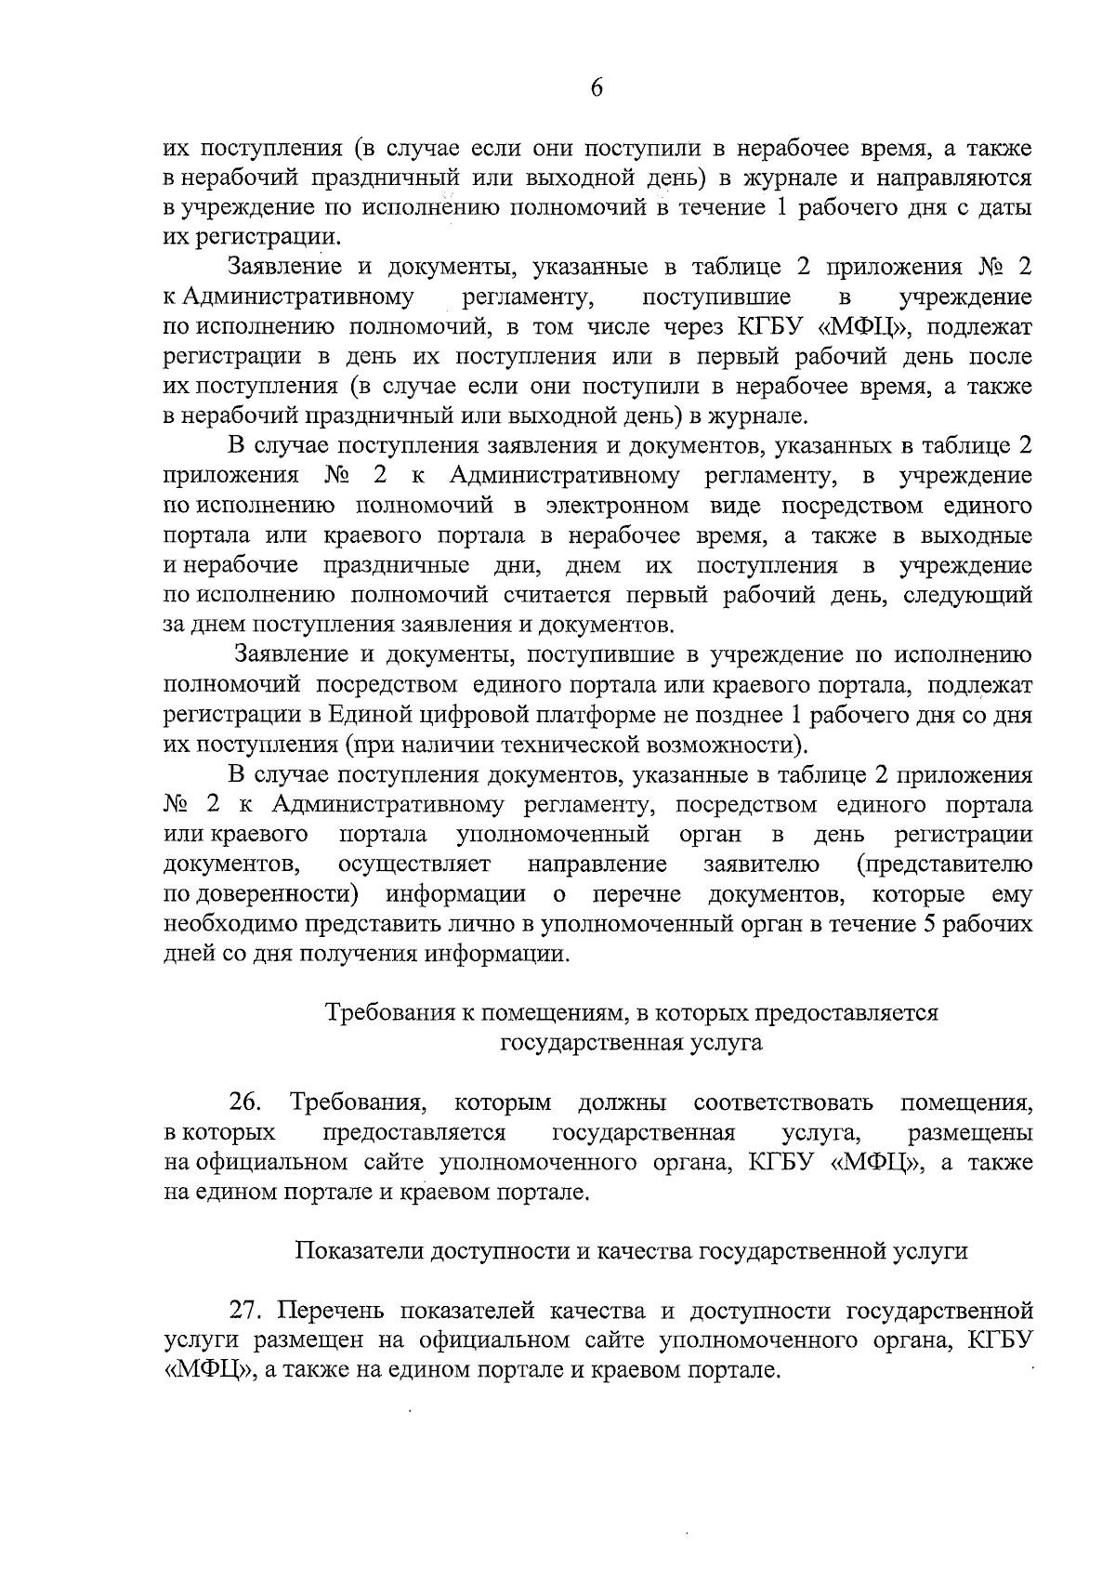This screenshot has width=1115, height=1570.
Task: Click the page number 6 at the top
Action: point(596,88)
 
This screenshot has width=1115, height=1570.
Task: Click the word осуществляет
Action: point(414,864)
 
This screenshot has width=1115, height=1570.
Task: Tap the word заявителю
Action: point(762,864)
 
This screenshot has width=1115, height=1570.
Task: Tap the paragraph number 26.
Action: point(245,1103)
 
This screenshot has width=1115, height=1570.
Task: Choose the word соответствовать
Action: point(783,1103)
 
